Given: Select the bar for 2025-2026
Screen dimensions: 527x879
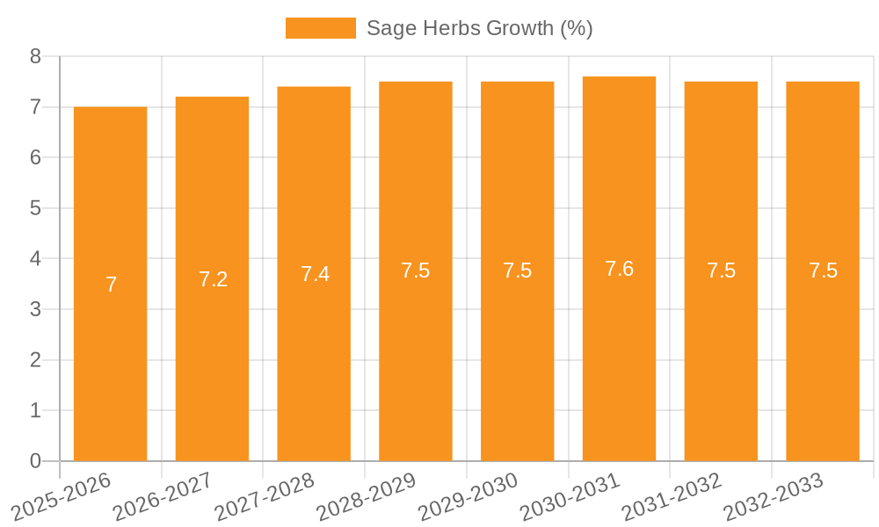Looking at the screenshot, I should [110, 284].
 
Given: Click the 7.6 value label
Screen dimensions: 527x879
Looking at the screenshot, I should [619, 269].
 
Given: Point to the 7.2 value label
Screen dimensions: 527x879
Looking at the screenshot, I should [213, 279].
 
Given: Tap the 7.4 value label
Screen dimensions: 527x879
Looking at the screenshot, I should [315, 274].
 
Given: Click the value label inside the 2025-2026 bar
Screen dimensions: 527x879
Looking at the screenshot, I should [111, 285].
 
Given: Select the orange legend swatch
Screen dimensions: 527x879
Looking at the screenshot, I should [320, 28].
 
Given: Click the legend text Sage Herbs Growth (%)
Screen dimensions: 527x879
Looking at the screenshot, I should [479, 28].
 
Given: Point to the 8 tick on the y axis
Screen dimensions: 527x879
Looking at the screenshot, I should [35, 56].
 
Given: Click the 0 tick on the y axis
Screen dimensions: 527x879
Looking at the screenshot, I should [35, 461].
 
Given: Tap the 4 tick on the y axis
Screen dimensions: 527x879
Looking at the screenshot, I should [35, 259].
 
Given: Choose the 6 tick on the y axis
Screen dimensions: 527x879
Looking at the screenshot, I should [35, 157].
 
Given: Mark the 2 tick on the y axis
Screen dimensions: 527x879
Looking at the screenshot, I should [35, 360].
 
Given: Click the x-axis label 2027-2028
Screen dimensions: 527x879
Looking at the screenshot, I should [265, 497].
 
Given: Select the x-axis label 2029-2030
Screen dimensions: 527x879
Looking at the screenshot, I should [469, 497].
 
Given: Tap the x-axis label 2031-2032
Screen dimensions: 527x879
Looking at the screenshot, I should [672, 497].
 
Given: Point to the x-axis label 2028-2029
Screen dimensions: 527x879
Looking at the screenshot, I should [367, 497].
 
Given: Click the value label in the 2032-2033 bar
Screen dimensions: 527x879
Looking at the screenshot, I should [823, 271].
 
